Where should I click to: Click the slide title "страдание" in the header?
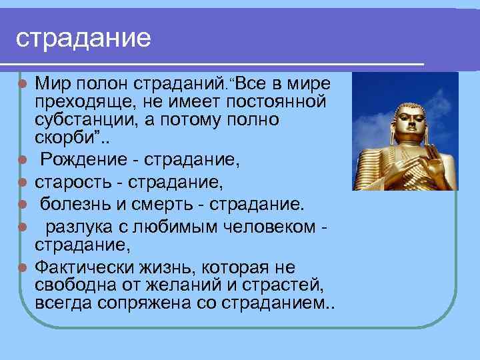[x=84, y=38]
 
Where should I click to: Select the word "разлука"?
[x=76, y=227]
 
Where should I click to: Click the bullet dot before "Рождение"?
[x=22, y=160]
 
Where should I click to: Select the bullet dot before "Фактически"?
[x=22, y=268]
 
